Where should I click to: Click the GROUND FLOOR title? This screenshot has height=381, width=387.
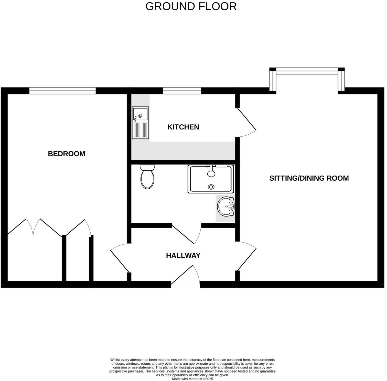[x=191, y=6]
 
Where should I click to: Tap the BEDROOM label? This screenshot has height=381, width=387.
[x=67, y=154]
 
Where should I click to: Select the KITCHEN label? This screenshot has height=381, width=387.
[x=183, y=127]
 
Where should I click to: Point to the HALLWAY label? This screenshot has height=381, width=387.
[x=183, y=256]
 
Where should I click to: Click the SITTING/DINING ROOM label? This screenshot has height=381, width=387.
[x=309, y=178]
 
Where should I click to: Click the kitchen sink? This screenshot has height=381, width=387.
[x=140, y=123]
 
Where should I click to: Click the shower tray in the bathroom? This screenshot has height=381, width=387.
[x=211, y=179]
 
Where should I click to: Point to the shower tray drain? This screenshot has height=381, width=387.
[x=211, y=187]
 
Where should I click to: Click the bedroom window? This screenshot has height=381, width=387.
[x=62, y=91]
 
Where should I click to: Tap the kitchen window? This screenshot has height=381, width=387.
[x=182, y=91]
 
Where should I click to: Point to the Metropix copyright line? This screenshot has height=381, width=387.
[x=192, y=379]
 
